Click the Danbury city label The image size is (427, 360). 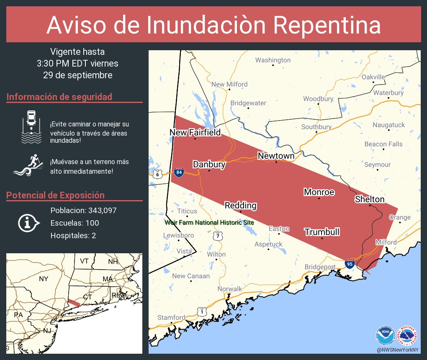coord(209,165)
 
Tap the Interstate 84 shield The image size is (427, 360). coord(179,172)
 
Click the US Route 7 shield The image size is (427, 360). coord(218,236)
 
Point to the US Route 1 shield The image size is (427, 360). coord(202,311)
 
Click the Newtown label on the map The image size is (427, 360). coord(276,156)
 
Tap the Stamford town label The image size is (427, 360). coord(171,317)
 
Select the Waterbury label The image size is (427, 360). coord(388,93)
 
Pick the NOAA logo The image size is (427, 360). coord(385,335)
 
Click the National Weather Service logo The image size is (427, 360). coord(408,335)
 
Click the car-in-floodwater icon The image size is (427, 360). coord(31,127)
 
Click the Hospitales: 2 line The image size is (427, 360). coord(73,236)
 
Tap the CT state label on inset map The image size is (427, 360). coord(87,297)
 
